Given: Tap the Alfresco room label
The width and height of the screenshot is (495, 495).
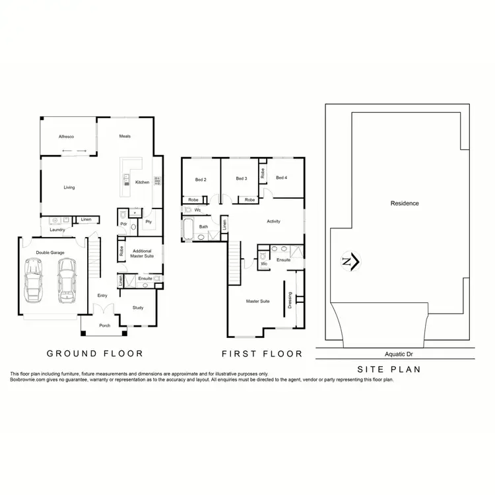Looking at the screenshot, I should click(x=67, y=137).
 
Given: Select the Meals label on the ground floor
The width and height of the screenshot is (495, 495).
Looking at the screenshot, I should click(x=125, y=137).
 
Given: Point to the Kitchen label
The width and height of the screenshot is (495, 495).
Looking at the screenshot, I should click(x=142, y=182).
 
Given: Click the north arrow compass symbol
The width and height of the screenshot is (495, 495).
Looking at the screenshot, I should click(x=350, y=262).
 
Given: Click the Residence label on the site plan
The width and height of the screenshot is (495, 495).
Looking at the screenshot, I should click(x=405, y=203).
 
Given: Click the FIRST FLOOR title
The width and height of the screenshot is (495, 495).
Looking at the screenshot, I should click(x=262, y=354).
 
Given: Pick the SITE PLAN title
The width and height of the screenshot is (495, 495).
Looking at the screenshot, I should click(x=389, y=370).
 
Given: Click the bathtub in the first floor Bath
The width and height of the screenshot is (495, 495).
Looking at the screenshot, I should click(x=188, y=230).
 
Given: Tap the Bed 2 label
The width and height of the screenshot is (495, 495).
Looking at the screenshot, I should click(x=201, y=178).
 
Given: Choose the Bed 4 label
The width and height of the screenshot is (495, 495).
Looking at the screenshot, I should click(x=282, y=178).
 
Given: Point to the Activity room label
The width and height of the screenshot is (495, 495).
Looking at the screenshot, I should click(x=273, y=221).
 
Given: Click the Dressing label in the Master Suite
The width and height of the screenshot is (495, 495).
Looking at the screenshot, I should click(x=290, y=300).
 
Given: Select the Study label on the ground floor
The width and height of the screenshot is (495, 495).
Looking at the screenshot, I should click(x=137, y=307).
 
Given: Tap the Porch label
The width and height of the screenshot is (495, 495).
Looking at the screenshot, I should click(x=104, y=325).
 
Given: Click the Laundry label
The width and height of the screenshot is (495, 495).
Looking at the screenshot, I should click(x=56, y=230).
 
